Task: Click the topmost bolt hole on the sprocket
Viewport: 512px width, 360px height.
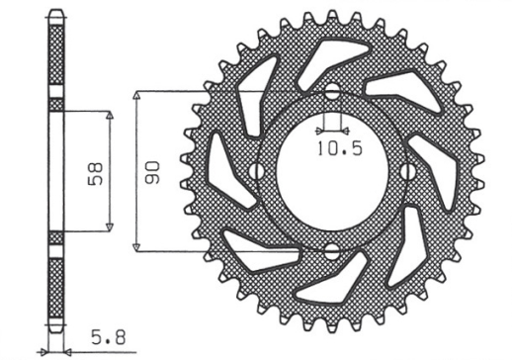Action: [x=332, y=94]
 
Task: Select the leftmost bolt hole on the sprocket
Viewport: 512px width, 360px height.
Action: [x=256, y=171]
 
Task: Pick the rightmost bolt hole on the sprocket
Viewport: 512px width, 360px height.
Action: [x=409, y=171]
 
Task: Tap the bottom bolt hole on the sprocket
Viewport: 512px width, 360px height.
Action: [x=332, y=248]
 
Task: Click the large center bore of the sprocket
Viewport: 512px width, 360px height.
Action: [x=332, y=171]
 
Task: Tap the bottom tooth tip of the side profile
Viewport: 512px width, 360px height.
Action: [x=55, y=334]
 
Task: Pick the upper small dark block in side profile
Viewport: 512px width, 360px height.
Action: [x=55, y=104]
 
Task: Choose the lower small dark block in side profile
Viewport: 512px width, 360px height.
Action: [x=55, y=237]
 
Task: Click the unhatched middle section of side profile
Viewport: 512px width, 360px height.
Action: [x=55, y=170]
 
